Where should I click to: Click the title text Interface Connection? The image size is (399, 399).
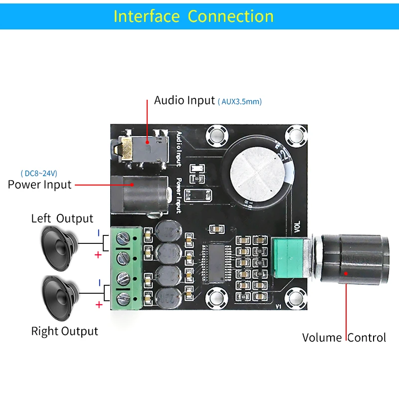[x=194, y=16]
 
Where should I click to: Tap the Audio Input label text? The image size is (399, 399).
[x=184, y=100]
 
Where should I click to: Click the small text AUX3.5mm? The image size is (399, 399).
[x=239, y=101]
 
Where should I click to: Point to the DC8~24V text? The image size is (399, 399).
[x=39, y=174]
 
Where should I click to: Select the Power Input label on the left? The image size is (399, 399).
[x=39, y=185]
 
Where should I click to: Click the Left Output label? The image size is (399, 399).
[x=62, y=218]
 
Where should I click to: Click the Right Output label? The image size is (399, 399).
[x=64, y=331]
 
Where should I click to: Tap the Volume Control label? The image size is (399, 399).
[x=344, y=338]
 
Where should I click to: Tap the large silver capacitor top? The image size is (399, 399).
[x=258, y=174]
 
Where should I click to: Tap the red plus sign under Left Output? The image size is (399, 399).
[x=98, y=255]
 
